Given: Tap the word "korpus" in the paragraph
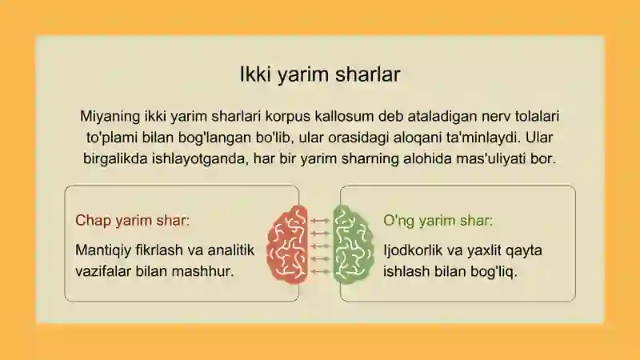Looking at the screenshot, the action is (x=288, y=116).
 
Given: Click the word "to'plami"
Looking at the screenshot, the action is (x=112, y=138).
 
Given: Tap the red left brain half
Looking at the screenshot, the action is (x=287, y=245).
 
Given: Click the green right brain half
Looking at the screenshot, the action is (x=353, y=245).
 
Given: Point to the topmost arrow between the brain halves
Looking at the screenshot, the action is (x=320, y=221).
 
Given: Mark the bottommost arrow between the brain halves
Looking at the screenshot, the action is (x=320, y=271).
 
